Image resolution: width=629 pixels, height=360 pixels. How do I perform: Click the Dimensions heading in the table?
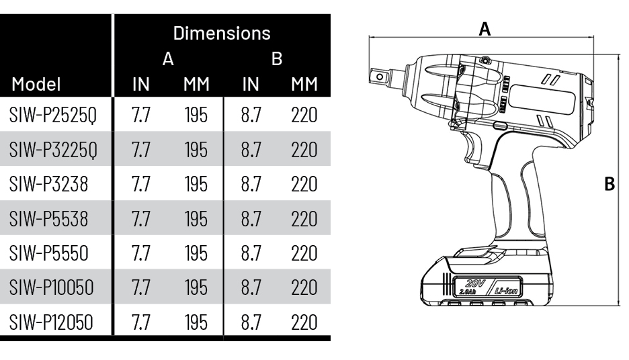(x=222, y=34)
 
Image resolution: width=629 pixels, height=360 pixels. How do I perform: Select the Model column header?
(x=36, y=84)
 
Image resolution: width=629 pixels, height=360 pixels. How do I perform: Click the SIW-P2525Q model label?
(x=53, y=116)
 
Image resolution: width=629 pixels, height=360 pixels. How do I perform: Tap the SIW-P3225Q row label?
(x=53, y=150)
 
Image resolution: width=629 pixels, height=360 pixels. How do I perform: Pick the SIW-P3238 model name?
(x=48, y=185)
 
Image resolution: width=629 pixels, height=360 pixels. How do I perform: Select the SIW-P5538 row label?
(x=48, y=219)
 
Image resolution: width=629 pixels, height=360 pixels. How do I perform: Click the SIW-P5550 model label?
(x=48, y=253)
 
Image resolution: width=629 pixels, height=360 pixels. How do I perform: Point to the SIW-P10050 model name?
(x=51, y=288)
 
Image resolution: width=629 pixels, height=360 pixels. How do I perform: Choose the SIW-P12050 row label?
(x=51, y=322)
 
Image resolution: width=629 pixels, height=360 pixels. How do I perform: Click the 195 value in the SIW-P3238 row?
(x=196, y=185)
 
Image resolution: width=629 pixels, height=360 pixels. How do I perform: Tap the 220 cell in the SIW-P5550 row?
(x=304, y=253)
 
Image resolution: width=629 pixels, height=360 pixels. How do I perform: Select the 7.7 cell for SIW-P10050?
(x=141, y=288)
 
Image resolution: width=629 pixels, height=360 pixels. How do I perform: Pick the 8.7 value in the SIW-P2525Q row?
(x=251, y=116)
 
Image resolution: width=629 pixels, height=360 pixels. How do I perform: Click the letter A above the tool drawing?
(x=485, y=30)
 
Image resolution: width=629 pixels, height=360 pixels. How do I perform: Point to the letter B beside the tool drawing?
(x=610, y=184)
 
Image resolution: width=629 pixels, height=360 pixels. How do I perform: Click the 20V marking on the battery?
(x=476, y=283)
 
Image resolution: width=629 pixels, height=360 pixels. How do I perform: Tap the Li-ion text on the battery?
(x=506, y=291)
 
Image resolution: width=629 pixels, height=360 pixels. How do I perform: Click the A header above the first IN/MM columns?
(x=168, y=59)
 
